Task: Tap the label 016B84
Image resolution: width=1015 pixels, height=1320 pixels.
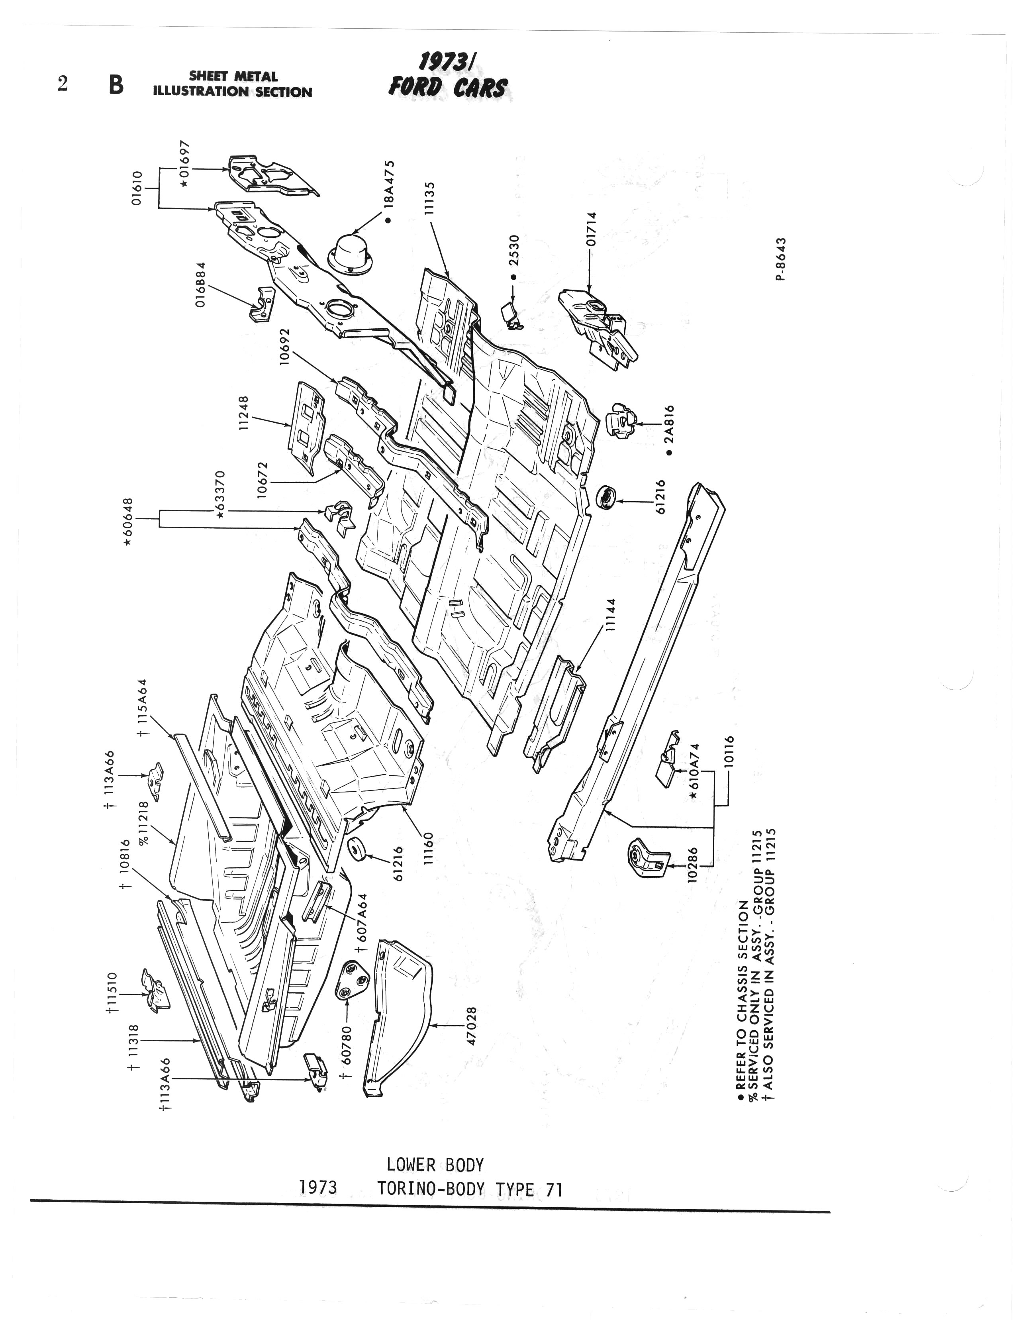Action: coord(201,284)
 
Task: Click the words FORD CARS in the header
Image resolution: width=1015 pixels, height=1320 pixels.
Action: coord(448,88)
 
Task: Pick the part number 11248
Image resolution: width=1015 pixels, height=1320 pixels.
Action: coord(244,413)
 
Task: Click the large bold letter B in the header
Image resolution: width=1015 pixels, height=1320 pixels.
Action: coord(116,85)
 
